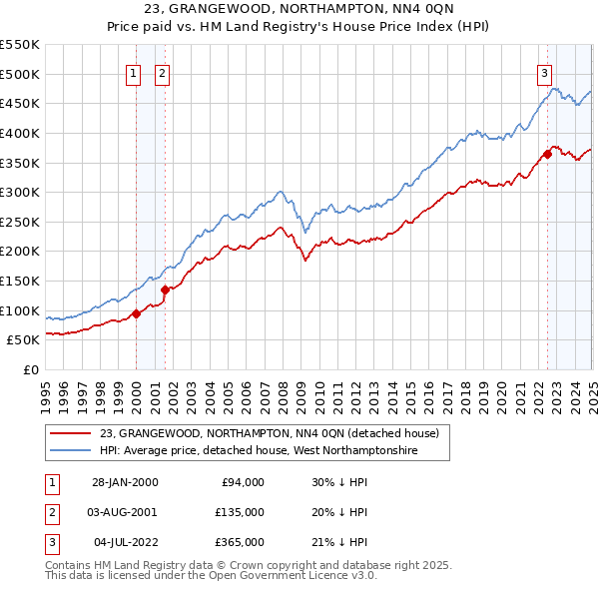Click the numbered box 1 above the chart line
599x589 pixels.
pyautogui.click(x=133, y=73)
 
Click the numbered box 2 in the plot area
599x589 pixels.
pyautogui.click(x=162, y=73)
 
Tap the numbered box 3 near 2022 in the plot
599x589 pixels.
pyautogui.click(x=545, y=73)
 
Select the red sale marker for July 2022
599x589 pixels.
pyautogui.click(x=548, y=154)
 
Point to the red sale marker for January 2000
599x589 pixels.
pyautogui.click(x=137, y=313)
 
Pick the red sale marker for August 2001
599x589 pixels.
pyautogui.click(x=165, y=290)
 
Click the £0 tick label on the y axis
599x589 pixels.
pyautogui.click(x=30, y=369)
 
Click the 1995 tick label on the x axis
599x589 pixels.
pyautogui.click(x=46, y=388)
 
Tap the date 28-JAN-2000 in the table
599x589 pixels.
pyautogui.click(x=125, y=482)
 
